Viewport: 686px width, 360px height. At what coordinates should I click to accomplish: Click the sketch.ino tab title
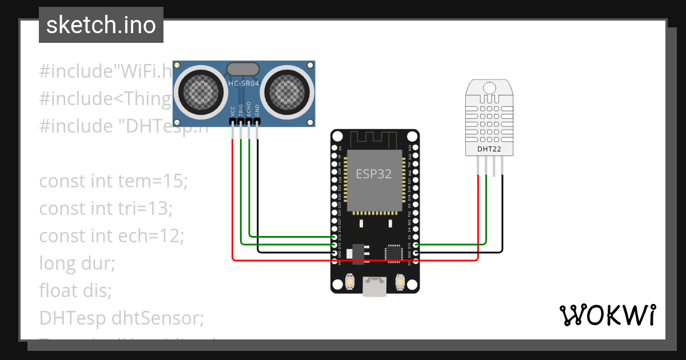(101, 25)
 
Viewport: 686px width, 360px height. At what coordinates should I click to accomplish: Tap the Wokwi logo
(607, 315)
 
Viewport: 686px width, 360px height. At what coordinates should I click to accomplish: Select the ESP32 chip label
(374, 174)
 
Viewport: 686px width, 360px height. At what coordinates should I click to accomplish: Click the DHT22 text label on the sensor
(489, 150)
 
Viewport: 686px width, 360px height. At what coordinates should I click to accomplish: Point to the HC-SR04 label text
(244, 83)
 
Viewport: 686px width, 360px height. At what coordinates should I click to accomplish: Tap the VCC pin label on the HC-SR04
(233, 110)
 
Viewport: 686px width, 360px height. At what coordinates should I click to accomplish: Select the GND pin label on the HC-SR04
(257, 110)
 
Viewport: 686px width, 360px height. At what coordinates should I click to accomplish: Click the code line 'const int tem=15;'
(113, 181)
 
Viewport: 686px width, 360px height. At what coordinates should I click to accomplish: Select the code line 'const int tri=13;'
(106, 209)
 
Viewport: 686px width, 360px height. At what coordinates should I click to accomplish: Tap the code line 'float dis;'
(75, 290)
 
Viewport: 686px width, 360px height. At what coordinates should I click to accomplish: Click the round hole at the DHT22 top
(489, 87)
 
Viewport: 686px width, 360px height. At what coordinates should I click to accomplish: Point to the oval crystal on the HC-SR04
(244, 69)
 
